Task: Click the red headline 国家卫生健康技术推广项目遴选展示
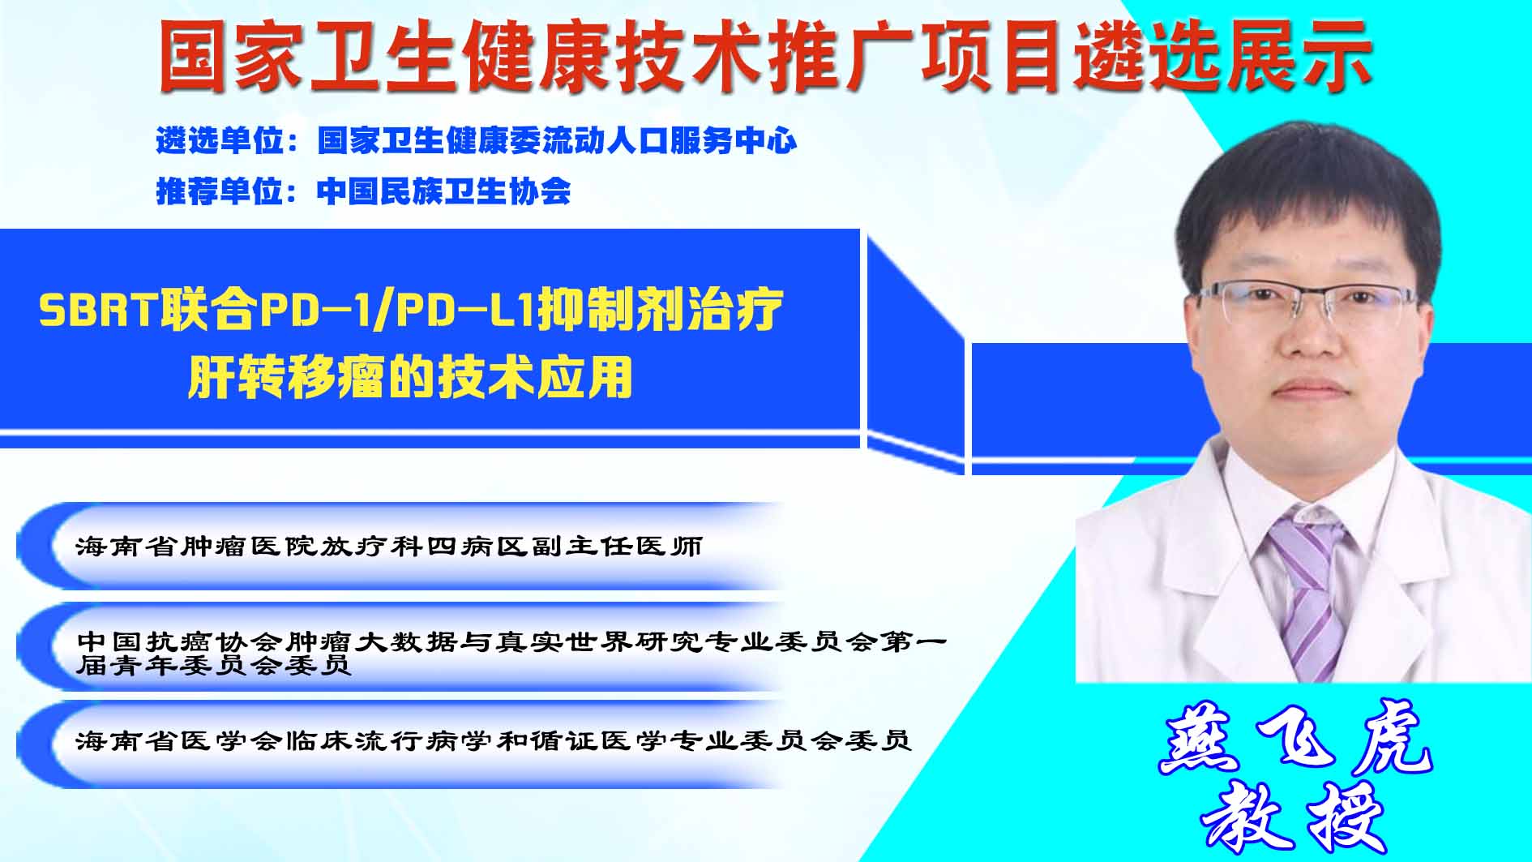[764, 55]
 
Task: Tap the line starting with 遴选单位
[477, 141]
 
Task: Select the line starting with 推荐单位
[363, 191]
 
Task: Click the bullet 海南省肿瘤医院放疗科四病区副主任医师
[389, 547]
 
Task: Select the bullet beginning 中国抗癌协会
[511, 654]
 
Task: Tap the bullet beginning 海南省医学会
[494, 740]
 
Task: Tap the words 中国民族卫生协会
[444, 191]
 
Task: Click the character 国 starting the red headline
[192, 55]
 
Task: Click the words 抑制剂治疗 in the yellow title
[661, 309]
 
